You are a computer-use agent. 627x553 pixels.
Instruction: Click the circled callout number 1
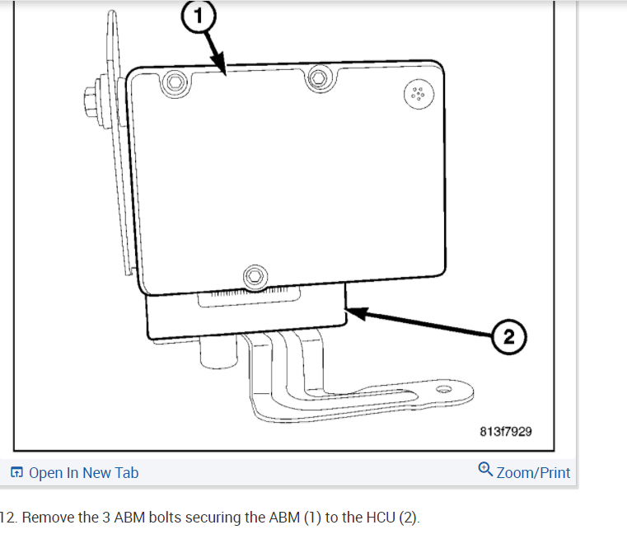[x=199, y=16]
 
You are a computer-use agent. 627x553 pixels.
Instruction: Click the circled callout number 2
[x=508, y=337]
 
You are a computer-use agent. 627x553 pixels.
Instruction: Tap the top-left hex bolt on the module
[x=175, y=82]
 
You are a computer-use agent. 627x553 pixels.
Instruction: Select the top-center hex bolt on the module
[x=319, y=78]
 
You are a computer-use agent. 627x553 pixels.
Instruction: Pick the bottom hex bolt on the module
[x=255, y=276]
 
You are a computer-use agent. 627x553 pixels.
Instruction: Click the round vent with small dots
[x=419, y=94]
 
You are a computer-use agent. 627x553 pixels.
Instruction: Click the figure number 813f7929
[x=506, y=432]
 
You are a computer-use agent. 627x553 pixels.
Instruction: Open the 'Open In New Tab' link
[x=83, y=473]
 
